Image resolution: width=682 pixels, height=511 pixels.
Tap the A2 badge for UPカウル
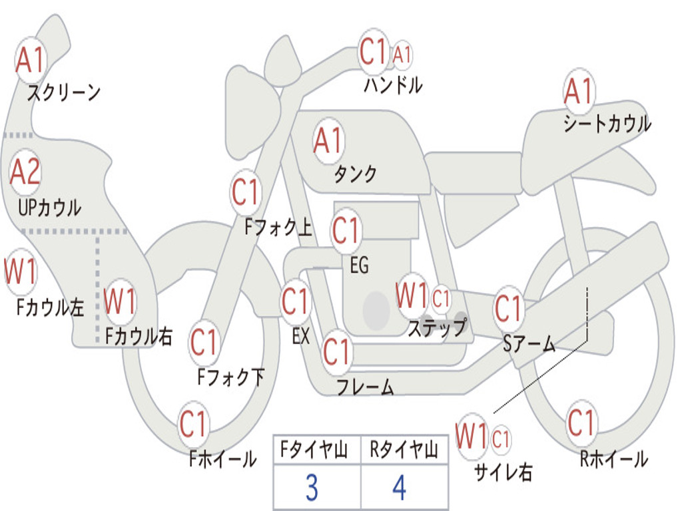(25, 172)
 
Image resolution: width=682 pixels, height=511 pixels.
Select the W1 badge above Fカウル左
(21, 272)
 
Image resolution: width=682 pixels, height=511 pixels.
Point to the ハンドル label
(393, 85)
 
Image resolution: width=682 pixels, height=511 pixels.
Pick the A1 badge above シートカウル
(578, 91)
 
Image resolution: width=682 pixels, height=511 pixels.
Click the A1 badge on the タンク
(328, 140)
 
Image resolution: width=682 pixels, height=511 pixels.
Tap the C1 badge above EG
(346, 231)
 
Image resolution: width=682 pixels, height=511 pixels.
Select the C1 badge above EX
(295, 301)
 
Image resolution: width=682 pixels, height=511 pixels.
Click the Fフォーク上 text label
(278, 228)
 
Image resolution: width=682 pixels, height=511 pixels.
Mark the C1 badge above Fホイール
(194, 424)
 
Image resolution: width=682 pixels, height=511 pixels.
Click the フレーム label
(365, 387)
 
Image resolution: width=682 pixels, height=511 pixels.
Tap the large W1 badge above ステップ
(412, 296)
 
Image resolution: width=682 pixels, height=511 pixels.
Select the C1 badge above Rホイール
(581, 422)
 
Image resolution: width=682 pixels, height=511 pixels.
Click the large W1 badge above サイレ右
(472, 436)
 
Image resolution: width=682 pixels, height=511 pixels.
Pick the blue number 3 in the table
(311, 488)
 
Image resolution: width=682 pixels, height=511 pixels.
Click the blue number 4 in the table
(399, 488)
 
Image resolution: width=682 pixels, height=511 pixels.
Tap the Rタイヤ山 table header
(404, 451)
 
